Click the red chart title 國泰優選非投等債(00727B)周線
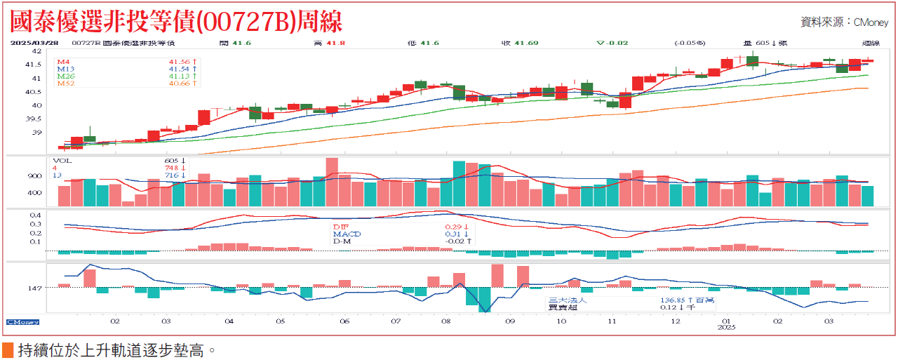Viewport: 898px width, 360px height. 176,20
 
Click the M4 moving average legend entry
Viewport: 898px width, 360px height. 64,62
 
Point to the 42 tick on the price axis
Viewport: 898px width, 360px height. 37,51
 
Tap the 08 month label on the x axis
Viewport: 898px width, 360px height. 446,321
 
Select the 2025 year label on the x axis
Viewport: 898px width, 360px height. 726,328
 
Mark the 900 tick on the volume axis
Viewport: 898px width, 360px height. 36,176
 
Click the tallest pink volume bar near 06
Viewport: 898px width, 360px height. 332,181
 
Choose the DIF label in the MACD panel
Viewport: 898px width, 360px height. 340,227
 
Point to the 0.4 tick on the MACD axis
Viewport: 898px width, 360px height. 36,215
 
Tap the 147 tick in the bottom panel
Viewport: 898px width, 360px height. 35,288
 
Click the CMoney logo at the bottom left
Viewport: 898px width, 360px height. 22,321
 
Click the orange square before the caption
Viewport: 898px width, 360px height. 8,349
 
